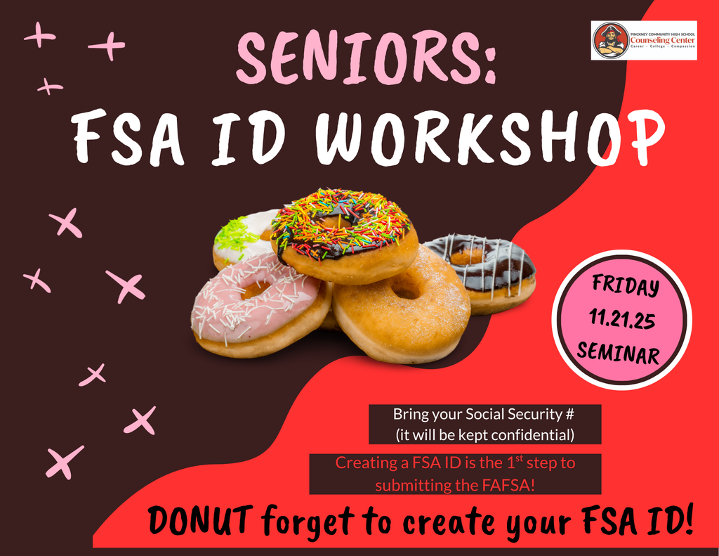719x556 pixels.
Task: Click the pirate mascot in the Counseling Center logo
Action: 610,41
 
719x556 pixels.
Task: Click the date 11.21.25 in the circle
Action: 622,320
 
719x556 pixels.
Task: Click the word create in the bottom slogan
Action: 464,522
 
